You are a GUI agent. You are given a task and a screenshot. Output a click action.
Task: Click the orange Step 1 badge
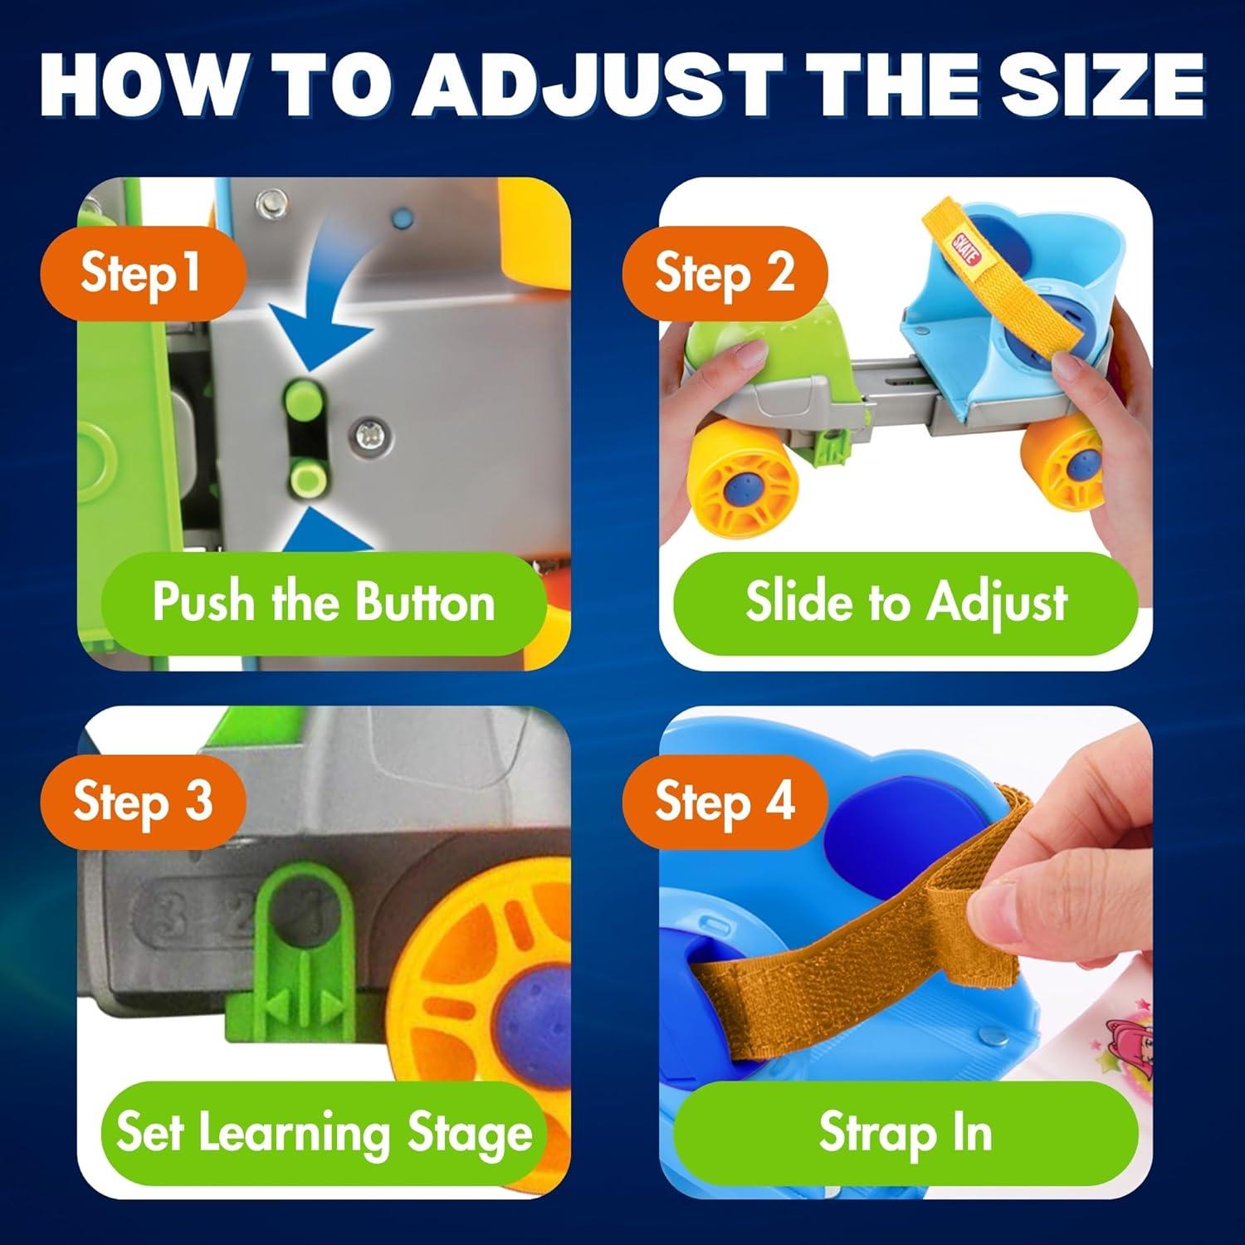[x=142, y=273]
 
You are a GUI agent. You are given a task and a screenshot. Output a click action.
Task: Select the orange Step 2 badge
[x=724, y=273]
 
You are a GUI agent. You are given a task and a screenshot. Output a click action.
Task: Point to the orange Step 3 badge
[x=142, y=802]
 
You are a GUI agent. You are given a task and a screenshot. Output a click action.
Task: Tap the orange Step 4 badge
[x=724, y=802]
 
